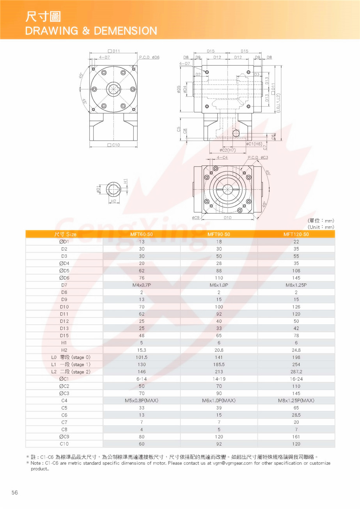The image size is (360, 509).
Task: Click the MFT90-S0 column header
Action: (x=219, y=234)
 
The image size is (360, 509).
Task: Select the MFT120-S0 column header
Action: (x=296, y=234)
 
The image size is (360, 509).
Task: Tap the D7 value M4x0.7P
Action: (x=142, y=285)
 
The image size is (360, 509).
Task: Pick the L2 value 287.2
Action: (x=296, y=372)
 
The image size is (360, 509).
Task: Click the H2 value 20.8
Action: (x=219, y=350)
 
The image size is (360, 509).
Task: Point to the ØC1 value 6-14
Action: (x=142, y=379)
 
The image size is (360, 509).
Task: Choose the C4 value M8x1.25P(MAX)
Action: (x=296, y=401)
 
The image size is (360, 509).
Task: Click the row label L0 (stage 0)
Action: (x=71, y=357)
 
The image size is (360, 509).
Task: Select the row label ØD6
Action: (x=64, y=278)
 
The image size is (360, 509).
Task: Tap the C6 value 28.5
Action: (x=296, y=415)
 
